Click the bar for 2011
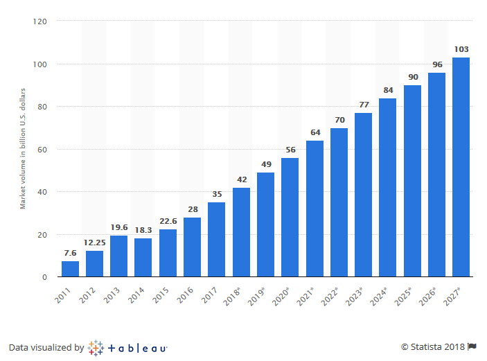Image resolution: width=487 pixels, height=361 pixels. (70, 269)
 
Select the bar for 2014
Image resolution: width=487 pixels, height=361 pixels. (143, 258)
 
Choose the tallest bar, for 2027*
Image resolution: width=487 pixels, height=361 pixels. (461, 167)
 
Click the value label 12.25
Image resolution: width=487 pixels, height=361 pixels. (94, 243)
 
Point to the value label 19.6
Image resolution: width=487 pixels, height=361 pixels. (118, 227)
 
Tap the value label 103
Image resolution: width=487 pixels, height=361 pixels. (461, 49)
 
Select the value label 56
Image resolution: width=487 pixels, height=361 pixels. (290, 149)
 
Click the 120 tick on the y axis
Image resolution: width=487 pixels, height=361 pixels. (39, 21)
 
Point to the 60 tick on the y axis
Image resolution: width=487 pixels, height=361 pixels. (42, 150)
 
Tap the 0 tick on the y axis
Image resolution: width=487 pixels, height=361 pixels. (44, 277)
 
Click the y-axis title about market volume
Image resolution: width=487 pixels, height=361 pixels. (22, 148)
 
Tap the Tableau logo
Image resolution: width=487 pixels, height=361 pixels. (128, 347)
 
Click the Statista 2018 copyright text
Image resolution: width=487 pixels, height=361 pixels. (433, 346)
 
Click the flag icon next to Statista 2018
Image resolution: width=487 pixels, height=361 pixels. (472, 346)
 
